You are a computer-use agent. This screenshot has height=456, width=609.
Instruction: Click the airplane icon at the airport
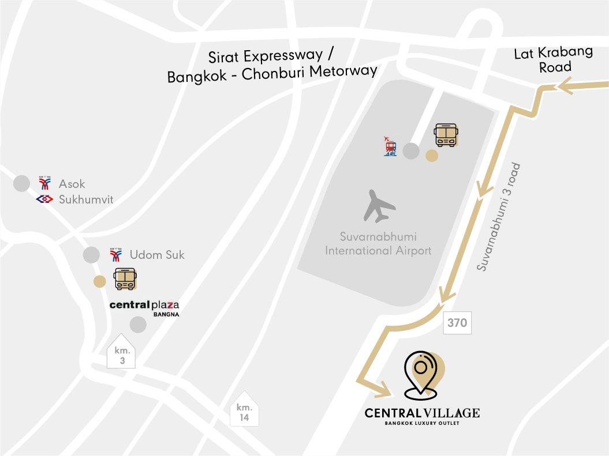pyautogui.click(x=379, y=206)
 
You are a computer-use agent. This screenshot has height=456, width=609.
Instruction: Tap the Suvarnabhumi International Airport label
pyautogui.click(x=378, y=244)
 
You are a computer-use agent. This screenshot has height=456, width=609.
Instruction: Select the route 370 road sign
pyautogui.click(x=457, y=323)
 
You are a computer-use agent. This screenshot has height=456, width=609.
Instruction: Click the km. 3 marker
pyautogui.click(x=121, y=352)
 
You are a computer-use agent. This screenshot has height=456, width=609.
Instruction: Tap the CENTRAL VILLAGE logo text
pyautogui.click(x=422, y=413)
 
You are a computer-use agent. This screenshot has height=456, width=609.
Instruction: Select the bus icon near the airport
pyautogui.click(x=446, y=135)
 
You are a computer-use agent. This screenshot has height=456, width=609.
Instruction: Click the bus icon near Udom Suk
pyautogui.click(x=125, y=278)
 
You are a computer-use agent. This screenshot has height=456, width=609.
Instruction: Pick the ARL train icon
pyautogui.click(x=391, y=146)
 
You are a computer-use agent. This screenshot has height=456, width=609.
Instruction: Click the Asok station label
pyautogui.click(x=72, y=184)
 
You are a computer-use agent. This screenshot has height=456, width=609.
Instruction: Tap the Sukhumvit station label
pyautogui.click(x=86, y=199)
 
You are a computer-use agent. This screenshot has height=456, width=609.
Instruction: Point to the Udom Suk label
pyautogui.click(x=157, y=254)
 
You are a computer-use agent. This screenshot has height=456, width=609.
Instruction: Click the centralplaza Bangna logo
pyautogui.click(x=144, y=307)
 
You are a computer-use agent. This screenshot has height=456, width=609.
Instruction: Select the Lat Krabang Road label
pyautogui.click(x=554, y=59)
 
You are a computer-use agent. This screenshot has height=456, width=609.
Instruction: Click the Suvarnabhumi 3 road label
pyautogui.click(x=499, y=217)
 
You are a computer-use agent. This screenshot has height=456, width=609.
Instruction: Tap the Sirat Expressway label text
pyautogui.click(x=271, y=56)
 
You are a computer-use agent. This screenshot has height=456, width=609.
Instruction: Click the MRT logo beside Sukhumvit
pyautogui.click(x=44, y=199)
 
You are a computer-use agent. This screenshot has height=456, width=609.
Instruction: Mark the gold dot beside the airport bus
pyautogui.click(x=431, y=156)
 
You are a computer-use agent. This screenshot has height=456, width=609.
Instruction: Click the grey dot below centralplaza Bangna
pyautogui.click(x=138, y=325)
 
